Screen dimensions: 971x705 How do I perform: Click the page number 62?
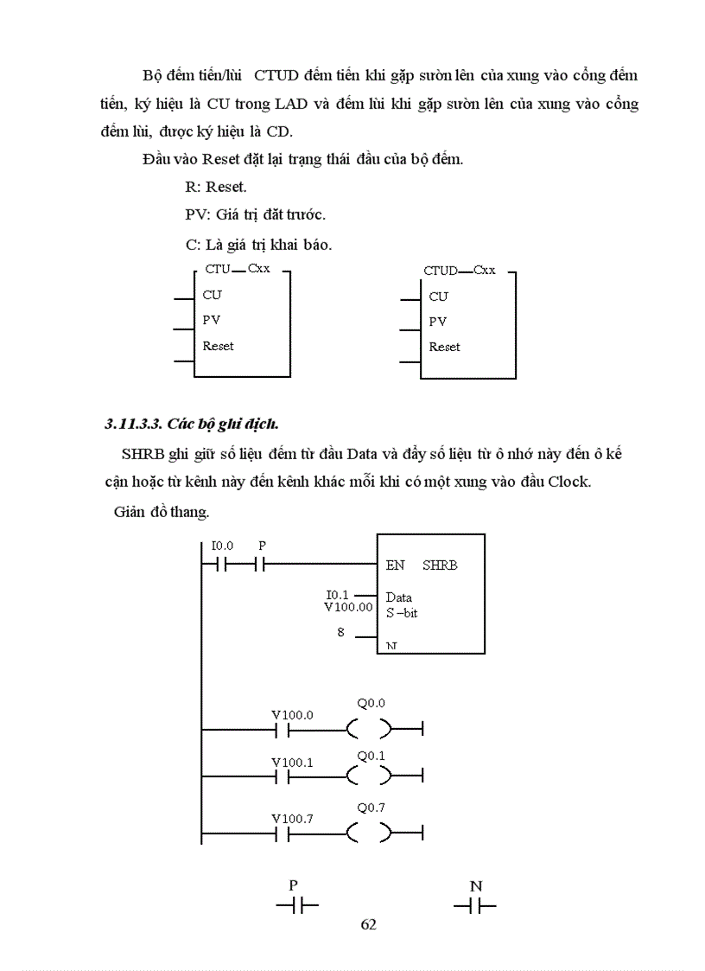368,924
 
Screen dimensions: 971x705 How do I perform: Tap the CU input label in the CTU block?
212,295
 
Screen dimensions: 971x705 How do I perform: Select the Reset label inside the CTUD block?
444,347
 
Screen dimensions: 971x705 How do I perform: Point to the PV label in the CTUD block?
438,322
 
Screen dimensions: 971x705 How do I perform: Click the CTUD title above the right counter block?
441,271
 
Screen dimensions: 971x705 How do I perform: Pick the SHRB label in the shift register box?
440,565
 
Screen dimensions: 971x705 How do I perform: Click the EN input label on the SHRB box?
395,565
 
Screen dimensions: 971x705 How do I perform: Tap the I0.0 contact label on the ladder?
222,546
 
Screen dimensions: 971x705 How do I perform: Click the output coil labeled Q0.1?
369,777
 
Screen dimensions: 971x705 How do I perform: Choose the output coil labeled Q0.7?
369,834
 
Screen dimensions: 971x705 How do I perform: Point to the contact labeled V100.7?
282,834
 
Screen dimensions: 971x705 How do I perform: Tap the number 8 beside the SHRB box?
341,633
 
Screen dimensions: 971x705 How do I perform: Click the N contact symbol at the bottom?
475,906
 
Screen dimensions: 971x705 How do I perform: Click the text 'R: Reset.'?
215,187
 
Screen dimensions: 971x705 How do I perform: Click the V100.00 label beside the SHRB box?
347,607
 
